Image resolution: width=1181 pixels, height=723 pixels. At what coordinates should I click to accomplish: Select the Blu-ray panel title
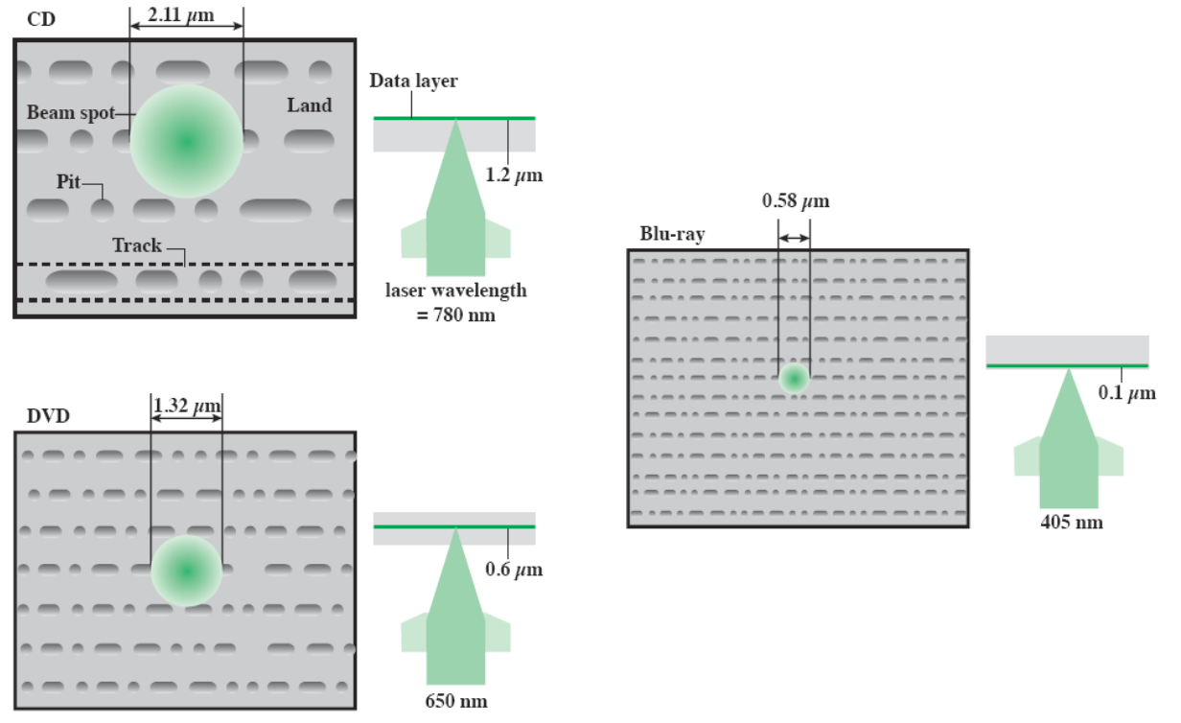coord(672,234)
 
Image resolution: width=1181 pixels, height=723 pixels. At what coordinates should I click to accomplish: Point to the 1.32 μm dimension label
coord(187,407)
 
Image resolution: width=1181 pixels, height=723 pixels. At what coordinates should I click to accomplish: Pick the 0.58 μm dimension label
coord(795,201)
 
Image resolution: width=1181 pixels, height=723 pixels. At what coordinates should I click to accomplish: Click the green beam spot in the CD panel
coord(187,141)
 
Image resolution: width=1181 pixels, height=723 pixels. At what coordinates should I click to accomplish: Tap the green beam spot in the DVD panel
coord(187,571)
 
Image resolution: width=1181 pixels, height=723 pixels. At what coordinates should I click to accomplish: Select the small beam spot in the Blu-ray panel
coord(794,378)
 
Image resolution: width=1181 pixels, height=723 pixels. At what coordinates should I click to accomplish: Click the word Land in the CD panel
coord(309,105)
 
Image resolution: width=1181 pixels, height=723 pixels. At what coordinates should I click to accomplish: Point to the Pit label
coord(68,181)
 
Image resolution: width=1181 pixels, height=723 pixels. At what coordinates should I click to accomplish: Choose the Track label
coord(137,245)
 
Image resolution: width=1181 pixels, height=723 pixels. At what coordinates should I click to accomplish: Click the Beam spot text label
coord(70,112)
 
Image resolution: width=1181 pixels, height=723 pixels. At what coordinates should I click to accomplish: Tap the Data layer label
coord(413,82)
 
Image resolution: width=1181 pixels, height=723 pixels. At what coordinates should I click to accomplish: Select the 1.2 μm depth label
coord(514,175)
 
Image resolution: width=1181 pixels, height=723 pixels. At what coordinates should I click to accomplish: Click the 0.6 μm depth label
coord(514,570)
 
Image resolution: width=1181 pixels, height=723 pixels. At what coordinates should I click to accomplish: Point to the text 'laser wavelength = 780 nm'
coord(455,301)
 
